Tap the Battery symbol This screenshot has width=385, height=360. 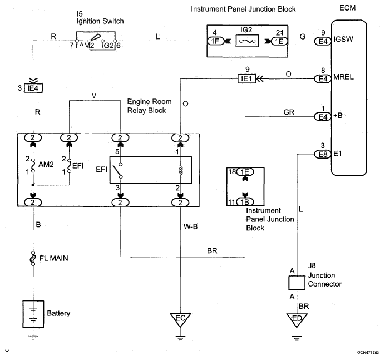click(34, 313)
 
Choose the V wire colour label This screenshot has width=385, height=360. click(94, 95)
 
